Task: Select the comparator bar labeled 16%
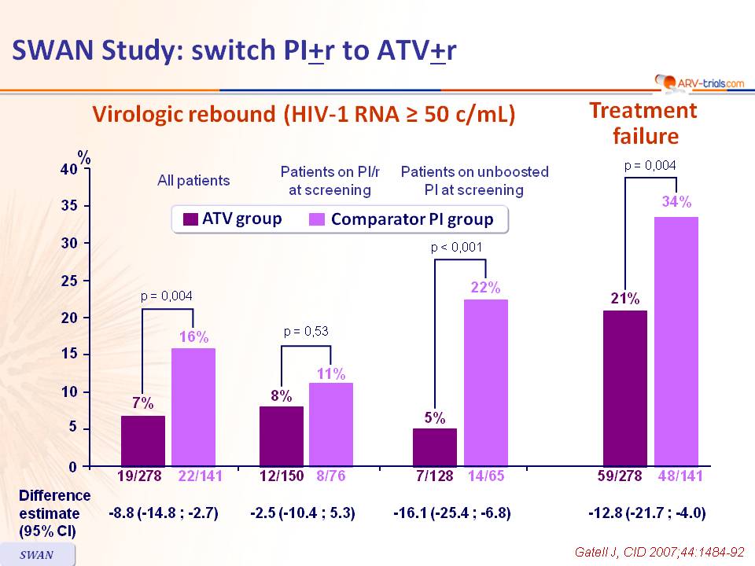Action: click(x=193, y=407)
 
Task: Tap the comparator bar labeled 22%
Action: click(x=485, y=383)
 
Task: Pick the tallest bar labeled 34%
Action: click(x=676, y=341)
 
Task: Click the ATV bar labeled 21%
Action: click(x=624, y=388)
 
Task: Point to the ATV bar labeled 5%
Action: click(x=434, y=447)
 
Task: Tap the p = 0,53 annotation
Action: click(x=307, y=332)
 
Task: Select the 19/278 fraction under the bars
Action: click(x=143, y=475)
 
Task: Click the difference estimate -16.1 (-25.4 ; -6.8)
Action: click(x=452, y=513)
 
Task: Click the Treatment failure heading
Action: click(x=644, y=123)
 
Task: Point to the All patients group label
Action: click(x=193, y=181)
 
